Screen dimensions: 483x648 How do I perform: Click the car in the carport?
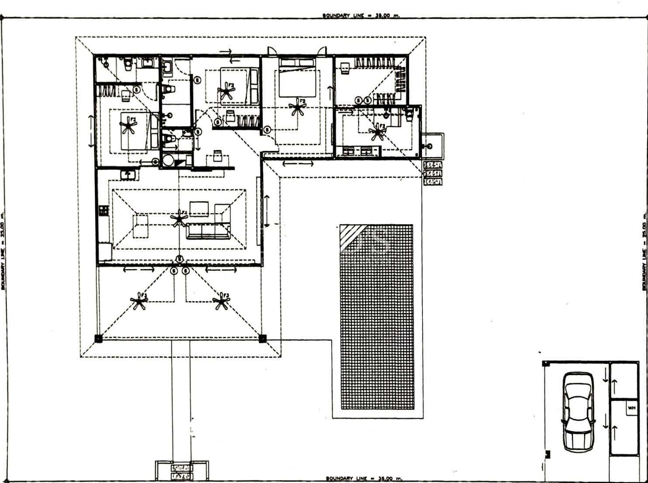pyautogui.click(x=577, y=411)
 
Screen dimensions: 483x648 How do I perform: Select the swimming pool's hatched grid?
pyautogui.click(x=376, y=317)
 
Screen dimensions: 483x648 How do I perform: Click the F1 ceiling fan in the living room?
pyautogui.click(x=178, y=218)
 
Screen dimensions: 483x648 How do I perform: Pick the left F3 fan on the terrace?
pyautogui.click(x=139, y=301)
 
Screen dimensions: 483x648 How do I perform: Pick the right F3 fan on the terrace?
pyautogui.click(x=221, y=301)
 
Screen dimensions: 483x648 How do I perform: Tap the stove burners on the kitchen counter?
pyautogui.click(x=103, y=211)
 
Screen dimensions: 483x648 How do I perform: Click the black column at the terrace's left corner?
pyautogui.click(x=98, y=338)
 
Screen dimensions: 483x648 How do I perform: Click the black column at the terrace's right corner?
pyautogui.click(x=262, y=338)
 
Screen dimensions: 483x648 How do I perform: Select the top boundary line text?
pyautogui.click(x=361, y=15)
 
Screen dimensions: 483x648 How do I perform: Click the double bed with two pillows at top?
pyautogui.click(x=298, y=78)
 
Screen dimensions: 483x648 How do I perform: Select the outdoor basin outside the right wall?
pyautogui.click(x=432, y=145)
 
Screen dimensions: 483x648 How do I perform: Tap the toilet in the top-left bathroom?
pyautogui.click(x=128, y=64)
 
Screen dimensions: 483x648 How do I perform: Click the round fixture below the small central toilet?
pyautogui.click(x=168, y=161)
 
